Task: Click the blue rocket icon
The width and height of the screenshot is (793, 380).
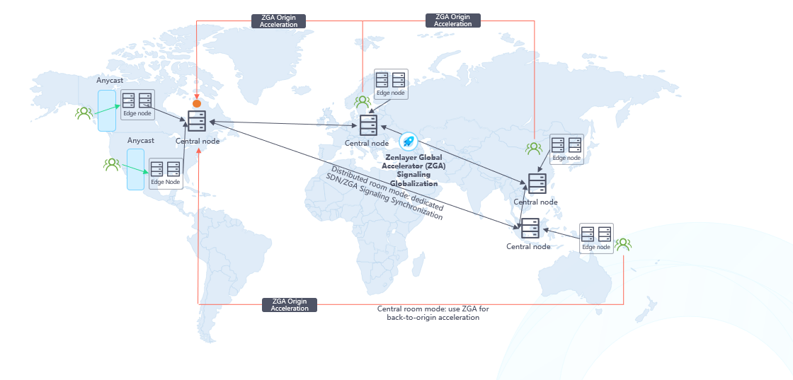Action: point(409,141)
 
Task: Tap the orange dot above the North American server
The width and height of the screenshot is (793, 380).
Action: point(197,104)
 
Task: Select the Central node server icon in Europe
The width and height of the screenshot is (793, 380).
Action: point(367,125)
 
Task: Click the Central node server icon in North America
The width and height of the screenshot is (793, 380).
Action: point(197,122)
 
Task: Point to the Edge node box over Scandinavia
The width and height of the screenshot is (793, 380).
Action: point(391,84)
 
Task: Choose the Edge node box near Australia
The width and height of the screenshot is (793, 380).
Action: point(596,238)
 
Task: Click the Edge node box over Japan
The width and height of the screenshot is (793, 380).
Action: point(566,149)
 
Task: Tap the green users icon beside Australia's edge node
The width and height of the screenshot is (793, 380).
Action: point(623,244)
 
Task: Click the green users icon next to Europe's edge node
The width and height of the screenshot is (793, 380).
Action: point(363,102)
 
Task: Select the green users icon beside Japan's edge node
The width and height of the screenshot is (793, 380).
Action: point(534,149)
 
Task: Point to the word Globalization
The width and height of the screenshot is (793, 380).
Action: point(413,183)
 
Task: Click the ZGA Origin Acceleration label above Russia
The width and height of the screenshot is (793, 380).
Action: point(453,21)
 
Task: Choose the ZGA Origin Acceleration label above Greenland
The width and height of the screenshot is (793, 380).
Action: point(279,21)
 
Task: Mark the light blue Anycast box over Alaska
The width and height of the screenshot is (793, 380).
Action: point(106,110)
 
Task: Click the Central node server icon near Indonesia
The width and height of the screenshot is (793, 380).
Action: point(530,229)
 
